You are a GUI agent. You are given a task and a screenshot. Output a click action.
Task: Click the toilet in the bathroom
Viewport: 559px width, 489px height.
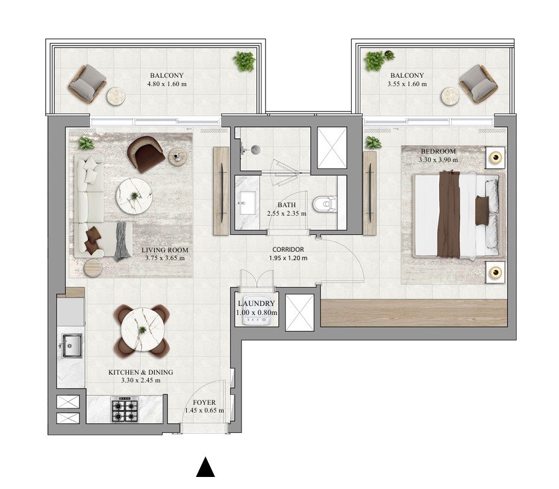[x=328, y=205]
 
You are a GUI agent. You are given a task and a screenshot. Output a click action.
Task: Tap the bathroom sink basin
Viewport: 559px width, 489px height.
[x=248, y=202]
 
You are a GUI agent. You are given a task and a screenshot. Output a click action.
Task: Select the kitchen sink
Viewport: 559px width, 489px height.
[x=71, y=344]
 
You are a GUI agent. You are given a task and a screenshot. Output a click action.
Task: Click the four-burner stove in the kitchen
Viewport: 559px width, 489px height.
[x=125, y=410]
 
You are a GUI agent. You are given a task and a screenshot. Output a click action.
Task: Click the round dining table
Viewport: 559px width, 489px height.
[x=142, y=329]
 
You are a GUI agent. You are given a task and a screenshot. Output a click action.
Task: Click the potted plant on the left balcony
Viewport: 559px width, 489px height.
[x=245, y=61]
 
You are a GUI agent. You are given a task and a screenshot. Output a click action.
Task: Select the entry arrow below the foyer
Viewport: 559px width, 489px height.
[x=206, y=467]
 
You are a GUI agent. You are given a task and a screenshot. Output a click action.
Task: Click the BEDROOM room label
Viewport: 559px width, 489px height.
[x=438, y=151]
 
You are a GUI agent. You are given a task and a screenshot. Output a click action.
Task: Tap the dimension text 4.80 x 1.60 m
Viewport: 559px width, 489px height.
[x=166, y=84]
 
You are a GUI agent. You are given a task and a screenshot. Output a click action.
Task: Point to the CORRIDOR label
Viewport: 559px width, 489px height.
[x=288, y=249]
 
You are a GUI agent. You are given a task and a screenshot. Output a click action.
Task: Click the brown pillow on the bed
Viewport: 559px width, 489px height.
[x=482, y=210]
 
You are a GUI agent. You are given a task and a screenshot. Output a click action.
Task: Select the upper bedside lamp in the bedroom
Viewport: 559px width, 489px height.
[x=496, y=158]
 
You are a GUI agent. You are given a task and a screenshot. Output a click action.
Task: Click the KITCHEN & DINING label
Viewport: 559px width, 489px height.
[x=140, y=372]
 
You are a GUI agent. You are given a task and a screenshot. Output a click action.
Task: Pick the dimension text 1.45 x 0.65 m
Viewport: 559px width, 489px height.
[x=204, y=411]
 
